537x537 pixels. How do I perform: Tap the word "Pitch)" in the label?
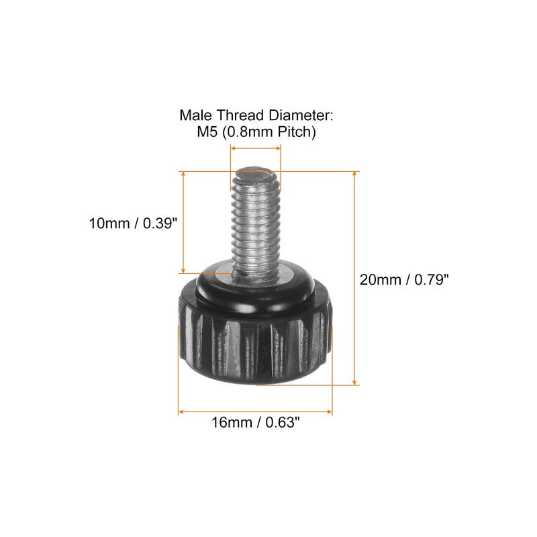point(294,132)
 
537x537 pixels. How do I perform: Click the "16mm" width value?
point(230,422)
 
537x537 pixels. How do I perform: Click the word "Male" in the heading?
point(195,115)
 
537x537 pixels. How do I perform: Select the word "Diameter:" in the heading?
point(304,115)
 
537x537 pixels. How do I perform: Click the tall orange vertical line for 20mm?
point(354,278)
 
